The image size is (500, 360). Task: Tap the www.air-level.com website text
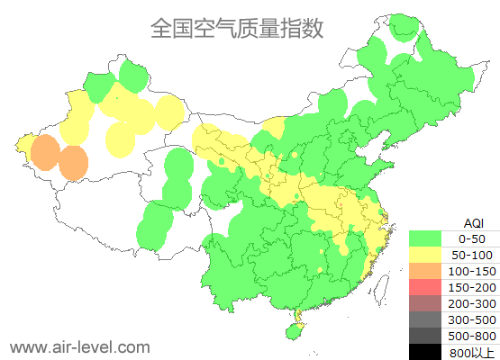coord(79,346)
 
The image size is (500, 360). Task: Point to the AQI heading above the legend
coord(473,222)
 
